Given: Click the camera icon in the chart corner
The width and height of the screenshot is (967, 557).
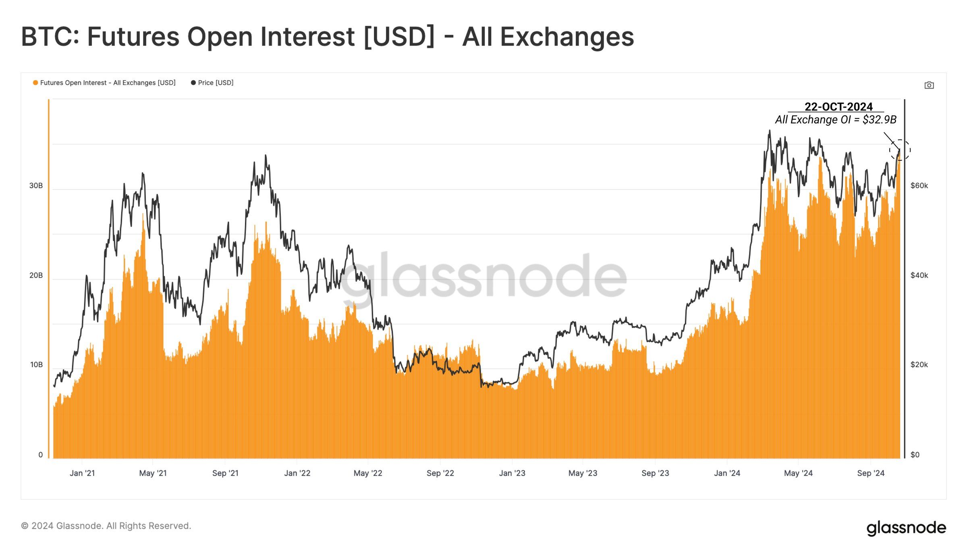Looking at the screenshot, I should click(x=929, y=85).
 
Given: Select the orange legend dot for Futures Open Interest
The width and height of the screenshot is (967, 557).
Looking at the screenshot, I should click(x=35, y=83).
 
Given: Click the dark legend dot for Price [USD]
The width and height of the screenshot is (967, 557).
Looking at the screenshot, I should click(x=193, y=83).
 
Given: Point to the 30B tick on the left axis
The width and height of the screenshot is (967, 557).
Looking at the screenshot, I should click(x=36, y=185).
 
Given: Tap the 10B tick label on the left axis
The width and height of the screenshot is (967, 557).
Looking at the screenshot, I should click(x=36, y=365).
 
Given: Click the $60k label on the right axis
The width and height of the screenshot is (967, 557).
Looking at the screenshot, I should click(x=919, y=185).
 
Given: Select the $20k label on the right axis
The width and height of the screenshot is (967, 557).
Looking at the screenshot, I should click(x=919, y=365).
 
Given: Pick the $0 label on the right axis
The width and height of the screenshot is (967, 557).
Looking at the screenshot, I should click(x=915, y=455).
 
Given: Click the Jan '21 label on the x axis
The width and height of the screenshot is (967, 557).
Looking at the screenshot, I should click(x=82, y=473).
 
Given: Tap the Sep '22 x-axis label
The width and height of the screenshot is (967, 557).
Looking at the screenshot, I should click(x=440, y=473).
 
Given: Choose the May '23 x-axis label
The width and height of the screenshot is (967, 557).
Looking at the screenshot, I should click(x=583, y=473).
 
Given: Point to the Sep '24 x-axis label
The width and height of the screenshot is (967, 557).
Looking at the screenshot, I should click(x=871, y=473).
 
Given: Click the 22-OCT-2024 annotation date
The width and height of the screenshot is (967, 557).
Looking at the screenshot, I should click(x=838, y=107).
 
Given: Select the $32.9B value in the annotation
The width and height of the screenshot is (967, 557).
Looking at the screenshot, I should click(x=879, y=120).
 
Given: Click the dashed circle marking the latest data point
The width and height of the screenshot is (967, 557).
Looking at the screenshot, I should click(x=900, y=150).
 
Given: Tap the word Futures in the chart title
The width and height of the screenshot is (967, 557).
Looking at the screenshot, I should click(x=133, y=37).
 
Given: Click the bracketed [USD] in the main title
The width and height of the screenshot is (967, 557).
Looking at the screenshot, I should click(x=399, y=37).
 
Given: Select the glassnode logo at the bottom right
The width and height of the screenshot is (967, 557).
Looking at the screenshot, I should click(x=906, y=528).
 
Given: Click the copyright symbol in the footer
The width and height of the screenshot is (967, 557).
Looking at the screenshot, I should click(x=25, y=526).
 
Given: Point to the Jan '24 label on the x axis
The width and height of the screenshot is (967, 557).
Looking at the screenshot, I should click(x=727, y=473).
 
